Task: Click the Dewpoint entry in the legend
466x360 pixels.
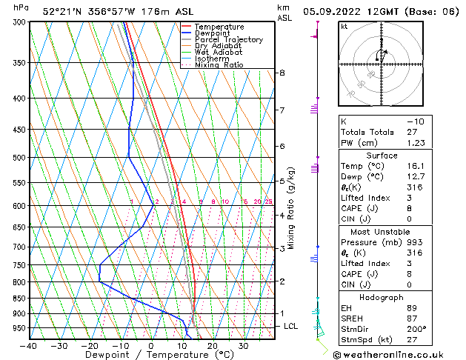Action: coord(209,33)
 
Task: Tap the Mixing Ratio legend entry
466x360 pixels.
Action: coord(219,65)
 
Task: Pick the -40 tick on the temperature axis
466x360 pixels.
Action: coord(30,346)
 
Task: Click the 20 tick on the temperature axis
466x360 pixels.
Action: coord(212,346)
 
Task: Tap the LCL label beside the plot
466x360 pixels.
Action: coord(291,326)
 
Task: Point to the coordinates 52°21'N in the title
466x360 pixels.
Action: coord(61,12)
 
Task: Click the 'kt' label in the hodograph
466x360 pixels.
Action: coord(344,27)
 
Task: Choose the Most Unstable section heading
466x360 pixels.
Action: coord(382,232)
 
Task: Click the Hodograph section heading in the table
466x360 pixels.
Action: coord(382,296)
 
